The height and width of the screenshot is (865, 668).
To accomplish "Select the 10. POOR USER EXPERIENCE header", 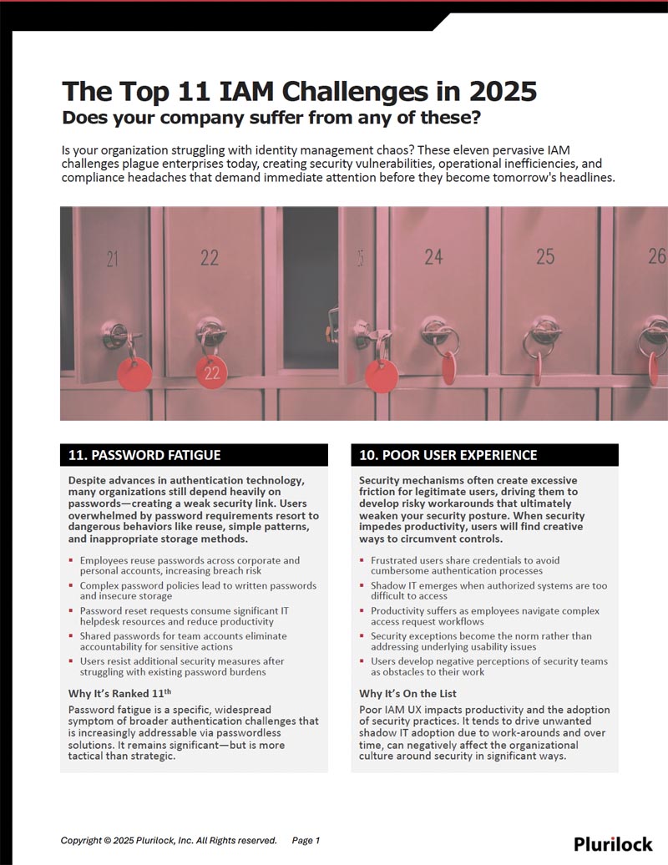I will point(448,455).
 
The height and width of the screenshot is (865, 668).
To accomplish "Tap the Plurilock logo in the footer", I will point(613,843).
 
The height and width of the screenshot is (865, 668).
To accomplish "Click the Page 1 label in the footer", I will point(306,841).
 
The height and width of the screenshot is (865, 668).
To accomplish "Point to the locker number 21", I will point(112,259).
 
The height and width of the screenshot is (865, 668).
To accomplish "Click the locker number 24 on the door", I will point(433,256).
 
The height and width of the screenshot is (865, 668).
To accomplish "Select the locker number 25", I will point(544,255).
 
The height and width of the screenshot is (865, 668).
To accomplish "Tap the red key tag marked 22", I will point(210,372).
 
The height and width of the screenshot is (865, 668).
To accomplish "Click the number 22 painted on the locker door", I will point(209,258).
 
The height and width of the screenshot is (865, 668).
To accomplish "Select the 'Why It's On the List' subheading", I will point(407,693).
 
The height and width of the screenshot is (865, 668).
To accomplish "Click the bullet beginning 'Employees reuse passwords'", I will point(190,566).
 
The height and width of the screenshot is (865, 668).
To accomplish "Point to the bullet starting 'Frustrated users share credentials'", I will point(465,566).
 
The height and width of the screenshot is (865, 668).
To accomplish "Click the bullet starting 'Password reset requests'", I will point(184,616).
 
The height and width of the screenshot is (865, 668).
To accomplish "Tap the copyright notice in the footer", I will point(169,841).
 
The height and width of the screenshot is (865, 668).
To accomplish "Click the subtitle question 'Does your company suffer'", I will point(271,118).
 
